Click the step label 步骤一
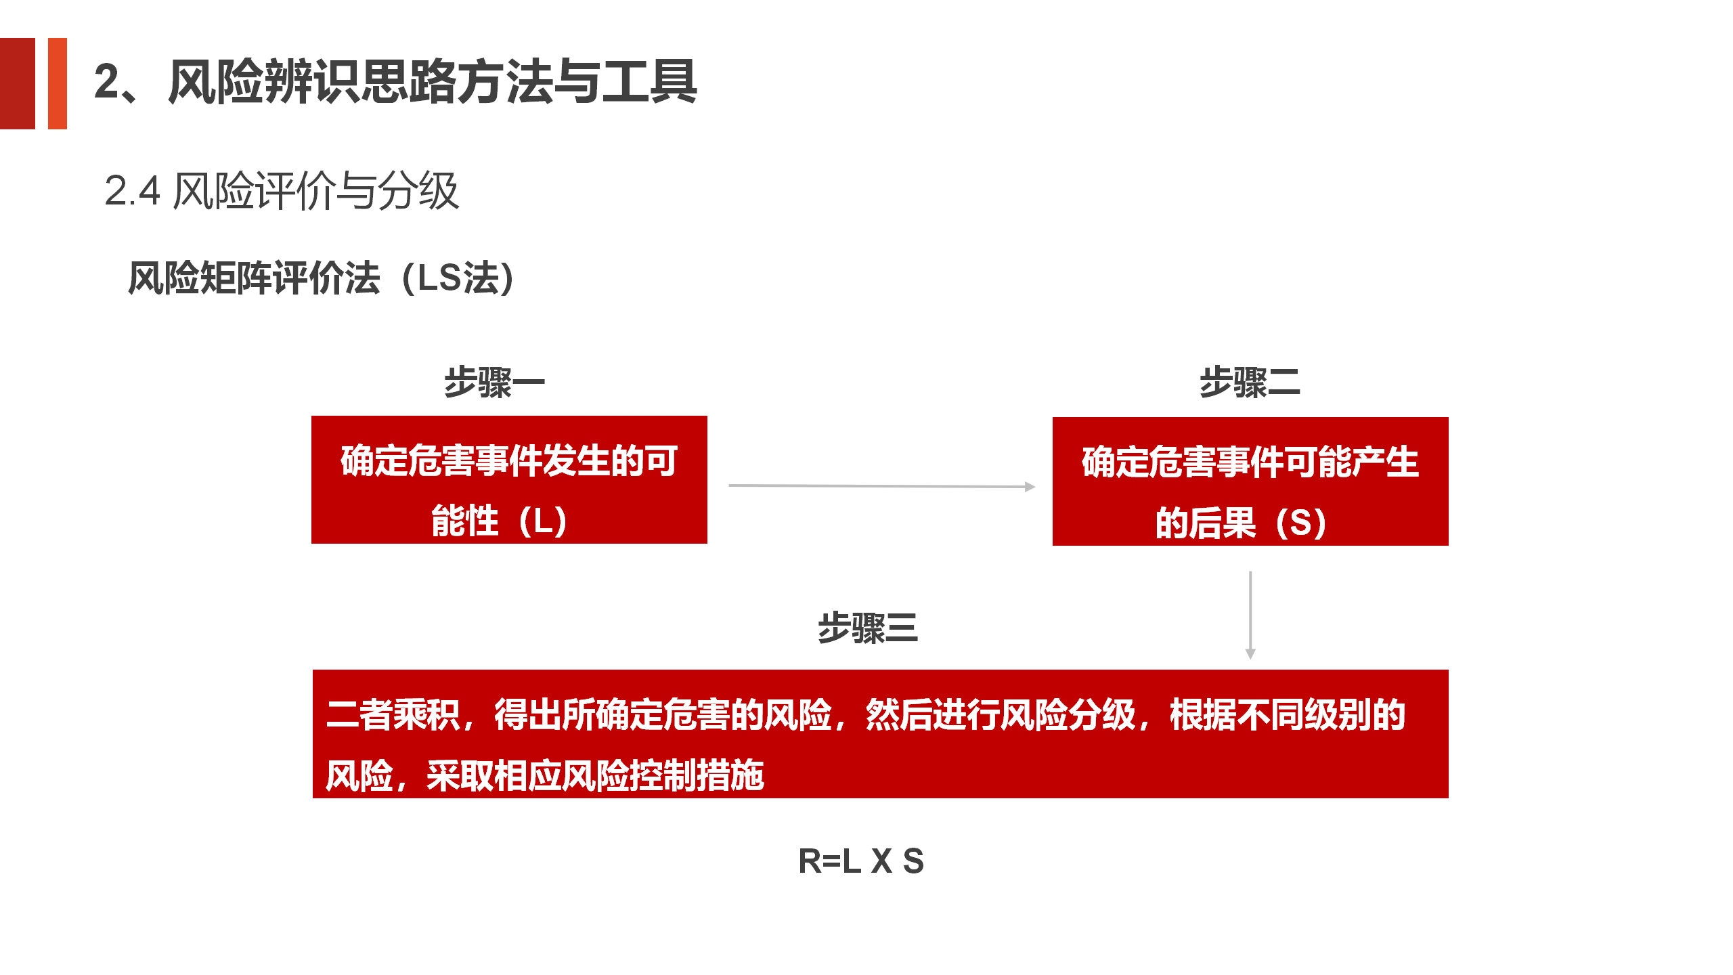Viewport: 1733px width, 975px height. pos(494,383)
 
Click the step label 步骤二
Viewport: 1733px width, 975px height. pos(1250,383)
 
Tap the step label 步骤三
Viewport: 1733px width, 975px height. pos(868,628)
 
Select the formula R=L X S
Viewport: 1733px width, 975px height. pos(861,861)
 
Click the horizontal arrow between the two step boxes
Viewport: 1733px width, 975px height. pos(882,486)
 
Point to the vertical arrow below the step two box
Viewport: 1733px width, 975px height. pos(1250,615)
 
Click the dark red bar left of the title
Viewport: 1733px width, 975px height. pos(18,83)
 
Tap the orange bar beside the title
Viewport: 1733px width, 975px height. pos(58,83)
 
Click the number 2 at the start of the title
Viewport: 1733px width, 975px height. pos(106,82)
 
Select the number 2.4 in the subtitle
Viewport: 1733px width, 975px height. pos(132,191)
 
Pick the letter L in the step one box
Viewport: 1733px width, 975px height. pos(542,521)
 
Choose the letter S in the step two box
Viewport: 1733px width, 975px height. pos(1300,523)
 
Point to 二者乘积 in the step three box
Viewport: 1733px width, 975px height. pos(393,715)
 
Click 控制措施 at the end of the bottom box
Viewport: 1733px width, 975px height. pos(697,776)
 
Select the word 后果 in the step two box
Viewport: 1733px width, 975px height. pos(1223,523)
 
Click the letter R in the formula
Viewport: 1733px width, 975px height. pos(810,861)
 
